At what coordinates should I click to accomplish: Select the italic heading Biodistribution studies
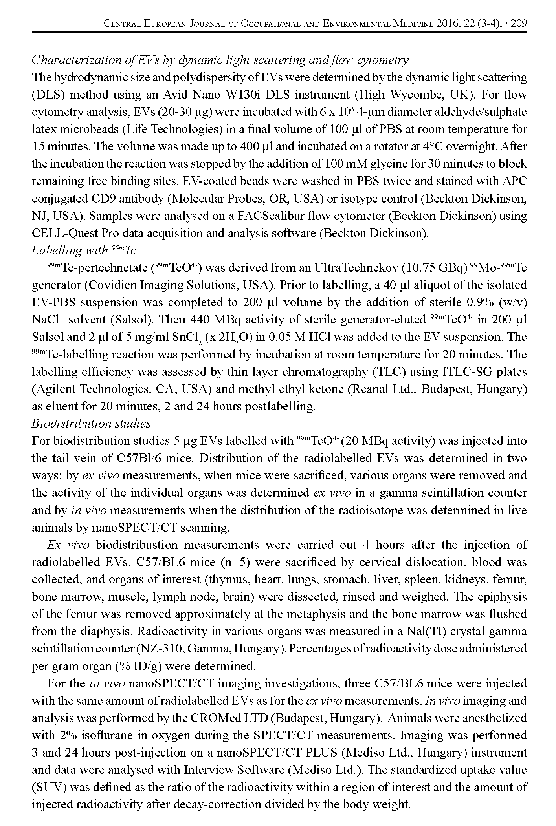(x=91, y=424)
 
